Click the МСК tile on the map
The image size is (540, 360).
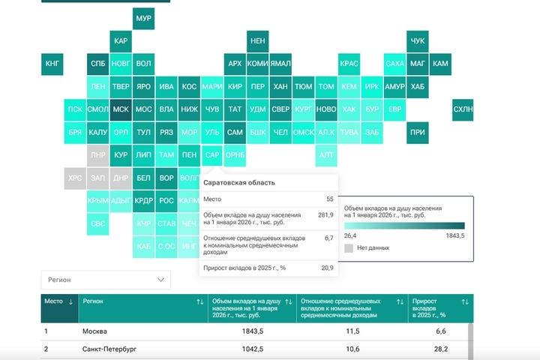pyautogui.click(x=120, y=109)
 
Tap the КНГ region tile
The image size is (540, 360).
pyautogui.click(x=52, y=64)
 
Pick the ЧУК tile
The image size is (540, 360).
pyautogui.click(x=418, y=40)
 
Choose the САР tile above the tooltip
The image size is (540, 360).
pyautogui.click(x=212, y=155)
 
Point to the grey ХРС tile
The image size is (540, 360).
pyautogui.click(x=75, y=178)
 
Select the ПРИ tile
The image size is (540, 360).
pyautogui.click(x=418, y=132)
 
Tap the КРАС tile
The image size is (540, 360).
pyautogui.click(x=349, y=64)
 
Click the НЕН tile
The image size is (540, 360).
pyautogui.click(x=257, y=40)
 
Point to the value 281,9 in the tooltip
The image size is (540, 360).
pyautogui.click(x=325, y=215)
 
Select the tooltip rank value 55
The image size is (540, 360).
pyautogui.click(x=329, y=199)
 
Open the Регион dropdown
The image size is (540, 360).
pyautogui.click(x=106, y=280)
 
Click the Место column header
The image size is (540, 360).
pyautogui.click(x=58, y=301)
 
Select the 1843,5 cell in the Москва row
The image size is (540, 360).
pyautogui.click(x=249, y=331)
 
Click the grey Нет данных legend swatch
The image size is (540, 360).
pyautogui.click(x=348, y=247)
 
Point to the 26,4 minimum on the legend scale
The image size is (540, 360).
pyautogui.click(x=350, y=235)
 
